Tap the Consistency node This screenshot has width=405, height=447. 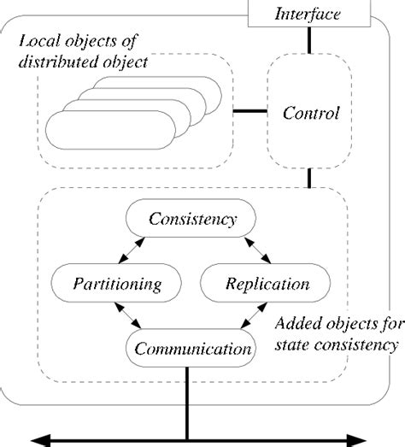pos(192,220)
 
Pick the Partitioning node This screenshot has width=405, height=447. pos(102,282)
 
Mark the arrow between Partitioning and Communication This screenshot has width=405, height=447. pos(131,317)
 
